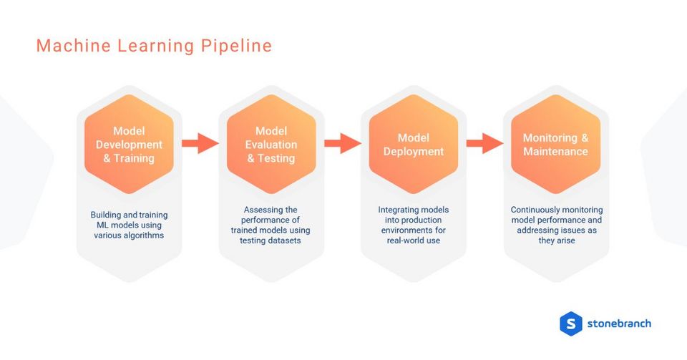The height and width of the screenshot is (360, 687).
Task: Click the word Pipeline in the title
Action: pyautogui.click(x=236, y=47)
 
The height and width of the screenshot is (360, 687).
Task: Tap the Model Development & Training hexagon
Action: pyautogui.click(x=129, y=144)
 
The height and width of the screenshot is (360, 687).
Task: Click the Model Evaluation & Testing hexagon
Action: pyautogui.click(x=271, y=144)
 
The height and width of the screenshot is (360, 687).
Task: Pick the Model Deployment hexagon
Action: pyautogui.click(x=414, y=144)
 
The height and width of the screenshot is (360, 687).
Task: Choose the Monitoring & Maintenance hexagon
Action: pyautogui.click(x=555, y=144)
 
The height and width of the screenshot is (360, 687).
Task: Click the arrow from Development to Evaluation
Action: pyautogui.click(x=200, y=143)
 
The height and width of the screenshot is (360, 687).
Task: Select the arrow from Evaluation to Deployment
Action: pyautogui.click(x=342, y=143)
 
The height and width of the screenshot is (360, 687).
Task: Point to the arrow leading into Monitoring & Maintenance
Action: pyautogui.click(x=484, y=143)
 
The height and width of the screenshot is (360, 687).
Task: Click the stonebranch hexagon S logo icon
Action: pyautogui.click(x=570, y=323)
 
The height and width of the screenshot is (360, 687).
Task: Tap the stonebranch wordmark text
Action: pyautogui.click(x=619, y=323)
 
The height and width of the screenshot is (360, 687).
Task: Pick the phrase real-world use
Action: pyautogui.click(x=414, y=240)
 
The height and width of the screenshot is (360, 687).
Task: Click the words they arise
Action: pyautogui.click(x=556, y=240)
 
